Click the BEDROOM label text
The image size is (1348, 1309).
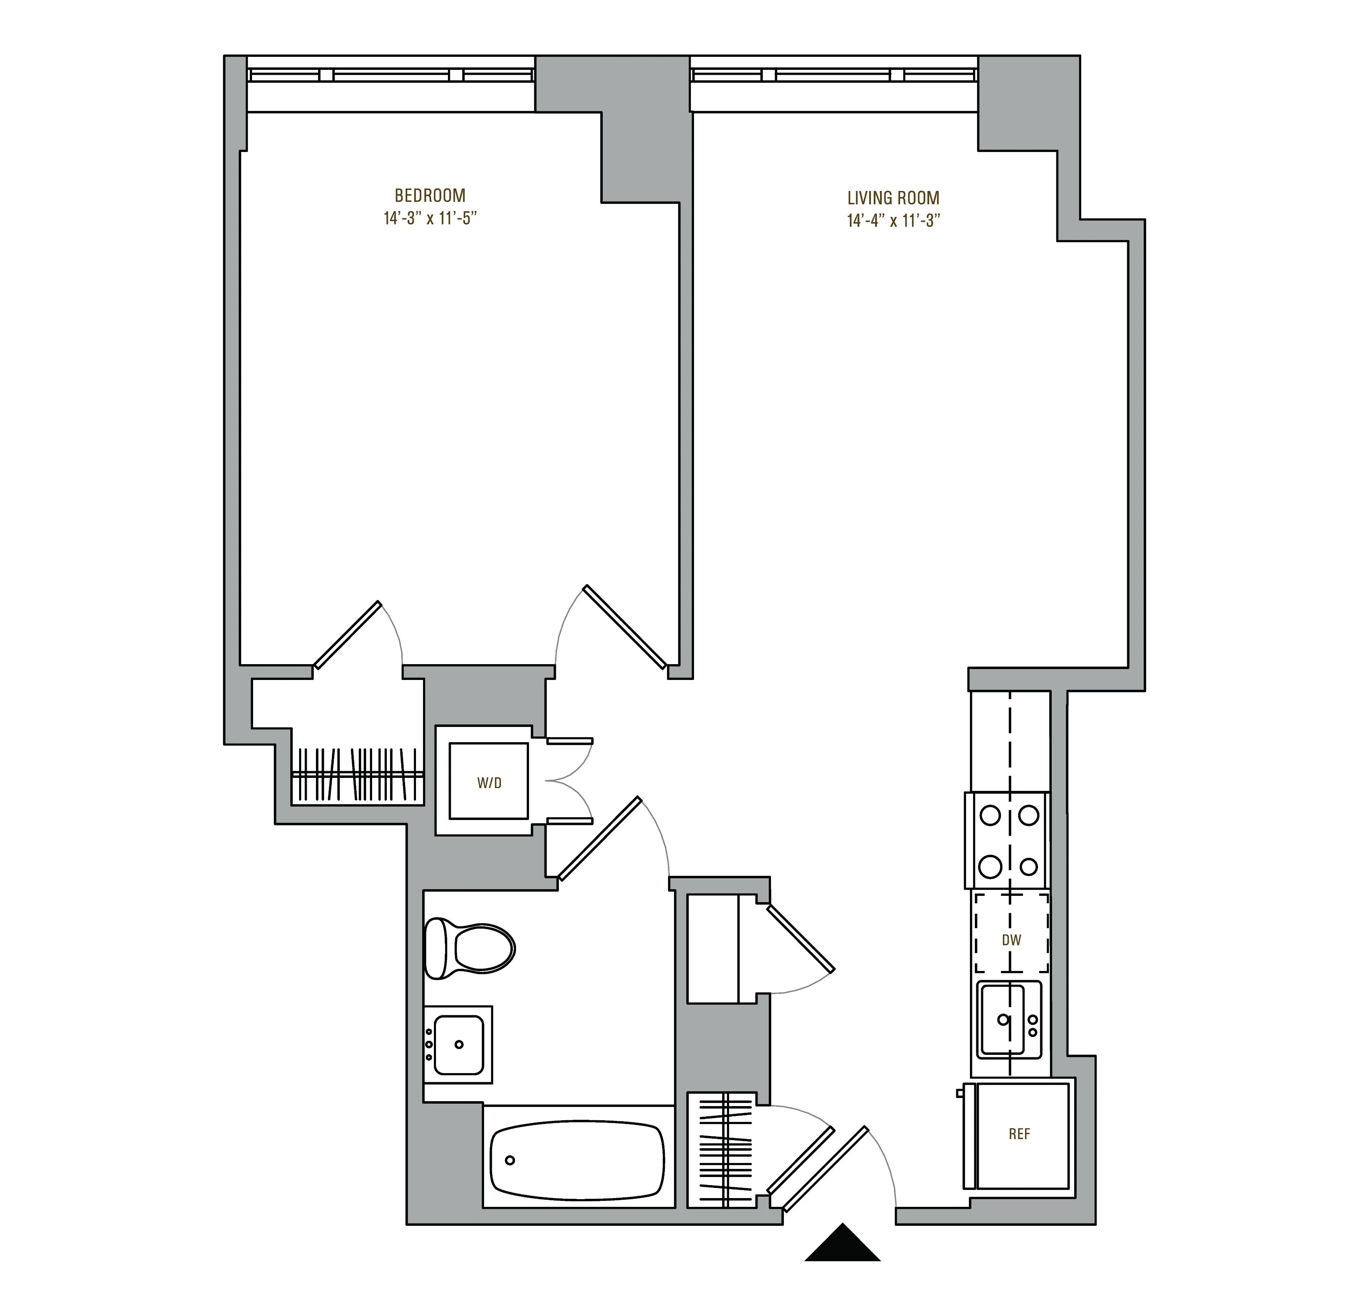point(430,196)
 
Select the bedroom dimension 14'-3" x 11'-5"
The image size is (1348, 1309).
point(430,219)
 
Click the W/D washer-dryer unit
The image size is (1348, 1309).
point(489,781)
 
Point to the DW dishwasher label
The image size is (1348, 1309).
point(1011,940)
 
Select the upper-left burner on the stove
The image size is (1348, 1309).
point(990,816)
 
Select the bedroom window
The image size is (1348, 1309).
point(391,74)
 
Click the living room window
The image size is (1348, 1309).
point(834,74)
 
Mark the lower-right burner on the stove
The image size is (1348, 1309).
point(1029,867)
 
